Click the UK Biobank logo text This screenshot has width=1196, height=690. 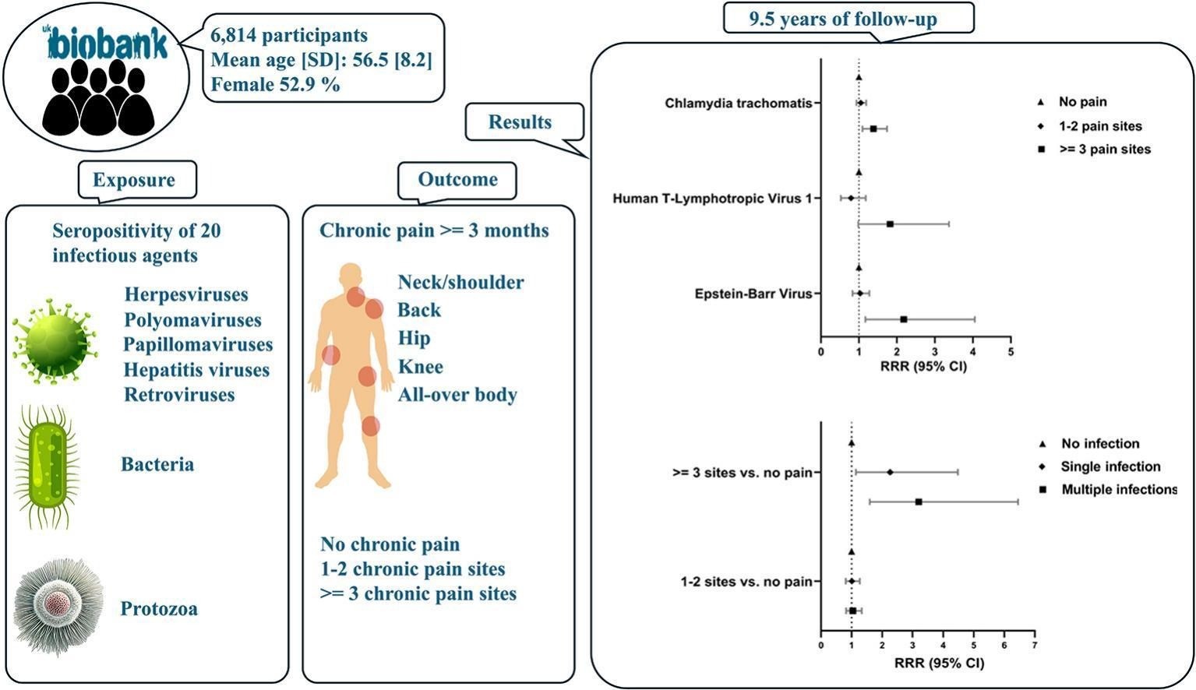[x=108, y=45]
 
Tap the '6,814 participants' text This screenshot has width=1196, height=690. [x=289, y=36]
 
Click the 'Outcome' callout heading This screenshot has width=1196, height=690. [x=457, y=179]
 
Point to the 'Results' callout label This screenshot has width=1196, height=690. [x=520, y=122]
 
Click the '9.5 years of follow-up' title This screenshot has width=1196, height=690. [x=848, y=19]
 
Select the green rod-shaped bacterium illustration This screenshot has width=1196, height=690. [x=48, y=465]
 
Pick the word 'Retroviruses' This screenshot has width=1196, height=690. [x=179, y=394]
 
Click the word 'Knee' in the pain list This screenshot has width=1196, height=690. [x=420, y=366]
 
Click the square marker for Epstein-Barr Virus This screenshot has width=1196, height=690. [x=903, y=319]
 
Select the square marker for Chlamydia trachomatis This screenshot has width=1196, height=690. [x=873, y=128]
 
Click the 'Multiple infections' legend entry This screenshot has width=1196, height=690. [x=1119, y=489]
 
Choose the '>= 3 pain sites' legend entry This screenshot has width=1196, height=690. [x=1104, y=149]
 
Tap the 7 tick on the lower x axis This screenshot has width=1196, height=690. [x=1034, y=646]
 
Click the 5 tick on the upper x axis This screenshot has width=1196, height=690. [x=1011, y=352]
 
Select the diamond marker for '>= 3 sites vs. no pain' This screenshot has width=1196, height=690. [x=890, y=472]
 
